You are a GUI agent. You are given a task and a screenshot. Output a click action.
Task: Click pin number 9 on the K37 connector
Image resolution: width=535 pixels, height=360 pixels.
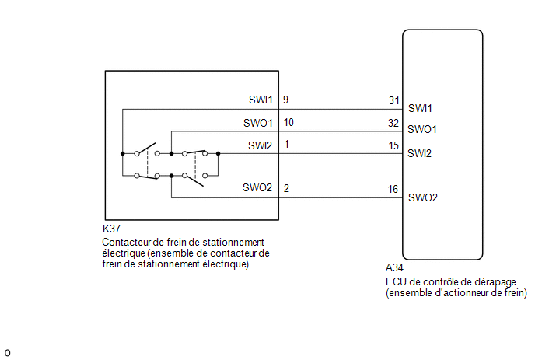(x=285, y=100)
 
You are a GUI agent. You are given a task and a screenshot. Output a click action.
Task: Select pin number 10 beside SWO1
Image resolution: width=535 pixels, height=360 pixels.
(x=288, y=122)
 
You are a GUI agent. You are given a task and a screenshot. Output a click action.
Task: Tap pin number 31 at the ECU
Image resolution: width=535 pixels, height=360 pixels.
(x=394, y=100)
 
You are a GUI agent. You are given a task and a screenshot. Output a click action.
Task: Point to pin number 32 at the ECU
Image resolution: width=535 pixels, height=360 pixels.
(x=393, y=123)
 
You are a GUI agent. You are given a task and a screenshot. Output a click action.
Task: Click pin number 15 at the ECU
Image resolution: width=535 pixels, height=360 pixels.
(x=393, y=145)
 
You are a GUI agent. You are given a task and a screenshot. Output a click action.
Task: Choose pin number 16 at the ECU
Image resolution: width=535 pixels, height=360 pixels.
(x=393, y=189)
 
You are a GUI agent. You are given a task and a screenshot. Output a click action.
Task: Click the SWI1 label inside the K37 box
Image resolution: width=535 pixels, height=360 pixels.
(x=261, y=100)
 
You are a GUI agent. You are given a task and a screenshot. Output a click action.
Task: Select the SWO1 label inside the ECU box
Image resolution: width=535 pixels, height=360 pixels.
(x=422, y=129)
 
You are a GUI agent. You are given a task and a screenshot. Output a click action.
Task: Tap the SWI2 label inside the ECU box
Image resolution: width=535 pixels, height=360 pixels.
(x=419, y=153)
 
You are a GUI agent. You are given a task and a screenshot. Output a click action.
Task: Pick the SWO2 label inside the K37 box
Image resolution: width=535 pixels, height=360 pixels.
(x=257, y=187)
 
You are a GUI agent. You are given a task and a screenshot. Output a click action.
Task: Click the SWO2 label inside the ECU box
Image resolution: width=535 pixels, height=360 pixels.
(x=423, y=197)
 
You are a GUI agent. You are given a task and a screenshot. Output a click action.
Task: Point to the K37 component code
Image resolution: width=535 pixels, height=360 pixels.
(x=111, y=229)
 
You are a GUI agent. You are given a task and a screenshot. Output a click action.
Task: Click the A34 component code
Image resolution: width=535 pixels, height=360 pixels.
(x=394, y=268)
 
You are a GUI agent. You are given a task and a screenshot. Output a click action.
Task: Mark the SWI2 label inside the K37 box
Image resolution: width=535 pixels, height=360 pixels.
(x=260, y=145)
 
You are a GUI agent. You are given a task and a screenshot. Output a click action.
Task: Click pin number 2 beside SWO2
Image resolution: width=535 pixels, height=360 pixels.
(x=286, y=188)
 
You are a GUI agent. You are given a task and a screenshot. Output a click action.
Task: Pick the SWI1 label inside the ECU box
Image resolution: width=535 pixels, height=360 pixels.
(x=420, y=108)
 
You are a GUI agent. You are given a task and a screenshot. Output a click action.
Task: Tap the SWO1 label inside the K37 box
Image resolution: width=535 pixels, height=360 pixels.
(x=258, y=123)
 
